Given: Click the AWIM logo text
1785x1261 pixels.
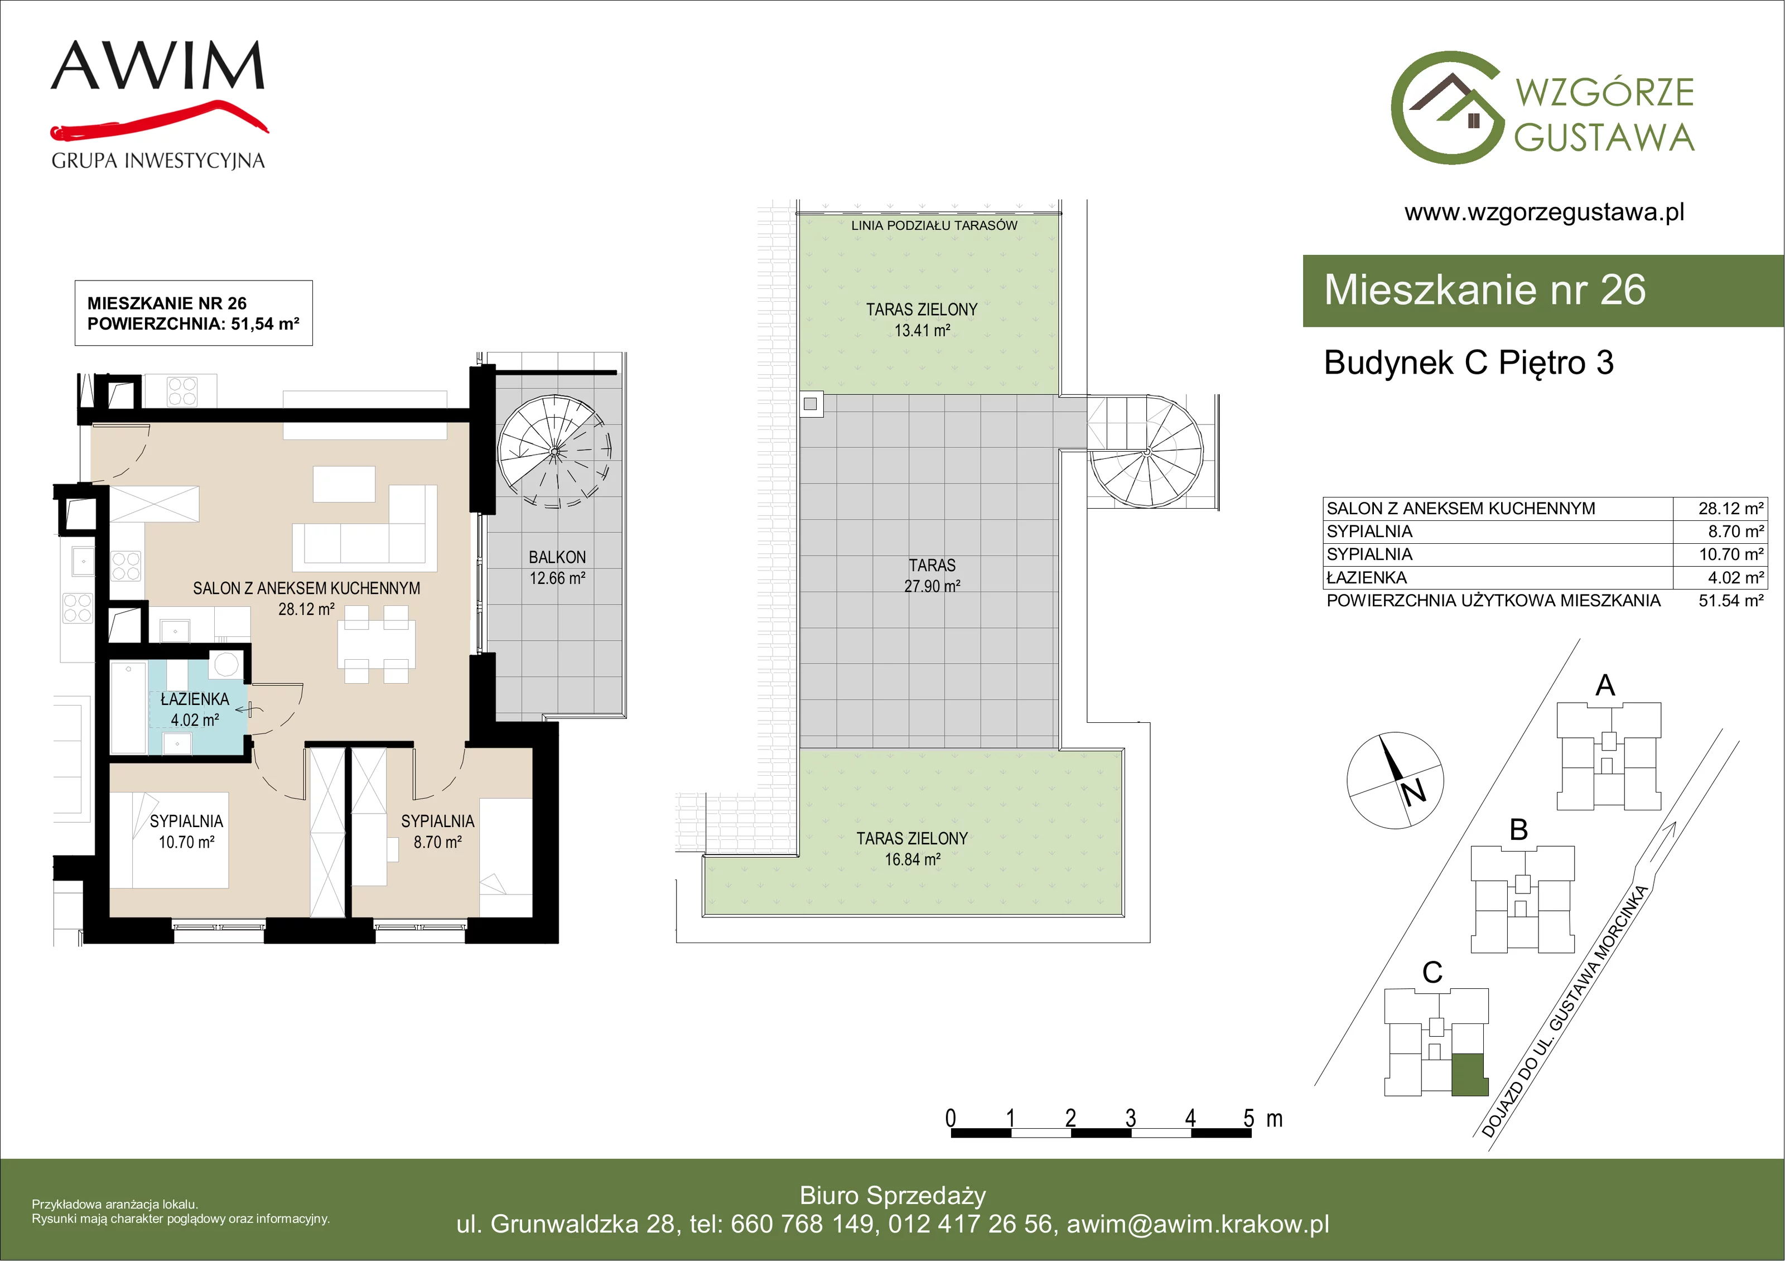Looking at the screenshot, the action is point(158,65).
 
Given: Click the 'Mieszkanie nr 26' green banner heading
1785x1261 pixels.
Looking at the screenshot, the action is point(1485,290).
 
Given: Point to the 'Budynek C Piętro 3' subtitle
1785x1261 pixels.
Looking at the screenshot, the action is point(1469,363).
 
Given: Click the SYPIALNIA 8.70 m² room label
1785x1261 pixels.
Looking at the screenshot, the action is point(438,831).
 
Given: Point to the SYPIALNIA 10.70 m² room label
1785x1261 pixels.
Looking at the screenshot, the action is point(186,831).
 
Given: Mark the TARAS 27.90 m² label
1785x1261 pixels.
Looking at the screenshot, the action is point(932,576).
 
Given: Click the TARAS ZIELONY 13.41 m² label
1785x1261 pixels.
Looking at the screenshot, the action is point(922,320).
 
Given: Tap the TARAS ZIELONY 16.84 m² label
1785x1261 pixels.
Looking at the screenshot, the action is point(913,849).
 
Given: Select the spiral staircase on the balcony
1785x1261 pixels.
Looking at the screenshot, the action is point(555,451).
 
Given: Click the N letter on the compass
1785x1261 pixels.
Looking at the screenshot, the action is point(1413,791).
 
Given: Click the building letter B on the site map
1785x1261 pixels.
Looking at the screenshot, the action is point(1519,829).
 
